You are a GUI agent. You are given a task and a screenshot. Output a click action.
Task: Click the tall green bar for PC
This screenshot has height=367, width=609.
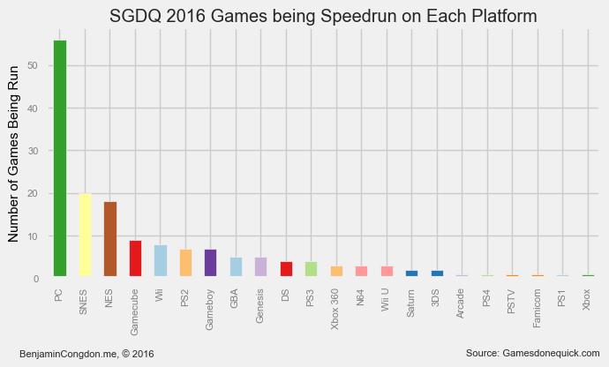click(60, 159)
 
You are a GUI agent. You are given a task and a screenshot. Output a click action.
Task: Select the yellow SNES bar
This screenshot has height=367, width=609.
click(85, 235)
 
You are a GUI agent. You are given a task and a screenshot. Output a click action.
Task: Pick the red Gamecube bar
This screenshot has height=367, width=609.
click(135, 258)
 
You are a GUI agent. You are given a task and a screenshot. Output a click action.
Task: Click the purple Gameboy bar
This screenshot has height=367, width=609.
click(211, 263)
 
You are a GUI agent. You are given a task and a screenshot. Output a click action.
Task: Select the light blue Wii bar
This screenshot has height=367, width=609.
click(161, 260)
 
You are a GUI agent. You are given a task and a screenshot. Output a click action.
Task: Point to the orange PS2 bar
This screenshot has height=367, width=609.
click(185, 263)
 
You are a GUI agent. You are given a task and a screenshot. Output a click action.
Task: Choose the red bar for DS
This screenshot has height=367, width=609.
click(287, 269)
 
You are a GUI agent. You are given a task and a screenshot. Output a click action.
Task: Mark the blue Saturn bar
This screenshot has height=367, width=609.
click(411, 273)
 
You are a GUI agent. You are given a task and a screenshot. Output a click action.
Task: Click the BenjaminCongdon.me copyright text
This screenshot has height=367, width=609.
click(86, 354)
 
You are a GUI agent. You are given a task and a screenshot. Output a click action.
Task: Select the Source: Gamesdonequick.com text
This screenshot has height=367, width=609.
click(532, 354)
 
